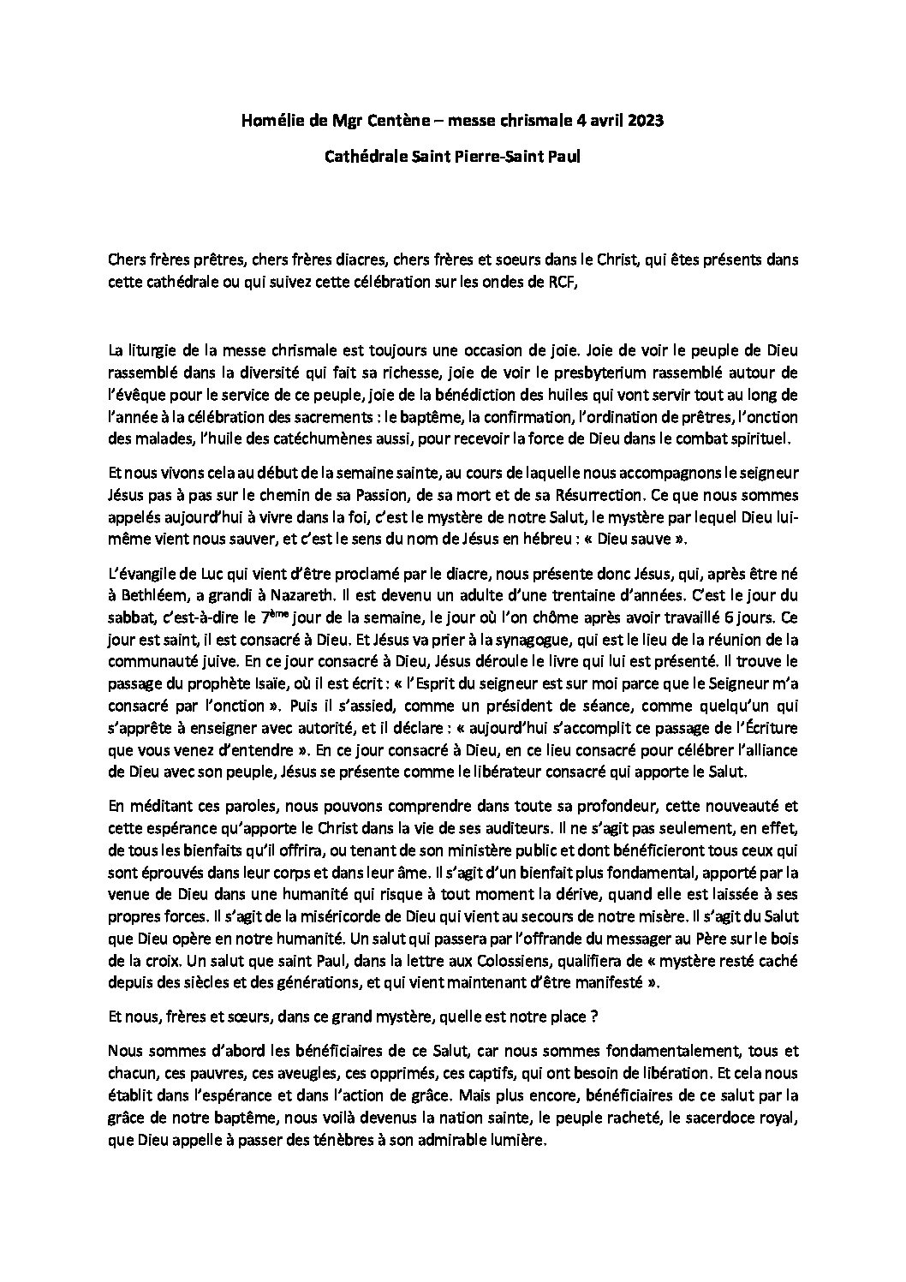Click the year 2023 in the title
click(643, 122)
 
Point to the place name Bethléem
click(151, 595)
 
